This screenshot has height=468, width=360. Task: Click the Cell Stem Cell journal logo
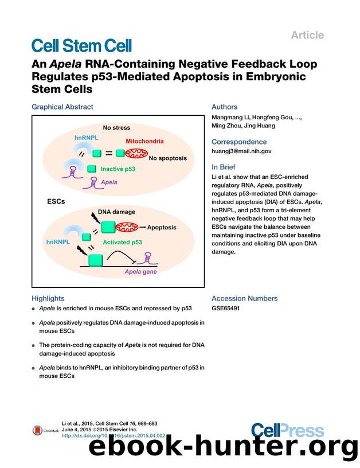click(x=82, y=45)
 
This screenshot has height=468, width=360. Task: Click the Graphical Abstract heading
click(x=62, y=107)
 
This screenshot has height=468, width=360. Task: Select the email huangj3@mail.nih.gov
click(x=242, y=151)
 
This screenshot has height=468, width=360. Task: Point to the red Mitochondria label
click(x=144, y=141)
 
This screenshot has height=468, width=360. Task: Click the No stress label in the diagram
click(x=116, y=127)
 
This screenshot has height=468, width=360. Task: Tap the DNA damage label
click(x=116, y=212)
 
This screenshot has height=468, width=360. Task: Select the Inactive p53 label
click(x=122, y=169)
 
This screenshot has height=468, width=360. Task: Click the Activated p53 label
click(x=122, y=242)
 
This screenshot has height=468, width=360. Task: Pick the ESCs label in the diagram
click(x=56, y=202)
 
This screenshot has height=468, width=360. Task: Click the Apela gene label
click(x=140, y=271)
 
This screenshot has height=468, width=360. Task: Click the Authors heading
click(x=224, y=107)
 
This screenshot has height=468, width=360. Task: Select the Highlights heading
click(x=48, y=298)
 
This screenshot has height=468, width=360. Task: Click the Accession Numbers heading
click(x=244, y=298)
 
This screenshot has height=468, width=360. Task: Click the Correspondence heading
click(x=239, y=142)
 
